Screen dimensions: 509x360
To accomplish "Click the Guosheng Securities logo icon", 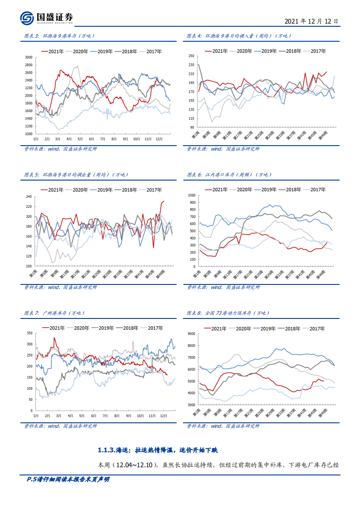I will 27,18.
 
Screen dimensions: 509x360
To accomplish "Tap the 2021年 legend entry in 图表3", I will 56,52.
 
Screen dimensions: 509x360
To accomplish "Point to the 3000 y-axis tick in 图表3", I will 29,58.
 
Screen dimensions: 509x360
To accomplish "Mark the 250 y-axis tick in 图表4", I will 191,57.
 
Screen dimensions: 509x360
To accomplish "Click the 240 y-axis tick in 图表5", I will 29,197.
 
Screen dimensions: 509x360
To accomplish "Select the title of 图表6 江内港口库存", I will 229,175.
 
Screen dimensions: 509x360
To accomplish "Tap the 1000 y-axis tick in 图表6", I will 191,196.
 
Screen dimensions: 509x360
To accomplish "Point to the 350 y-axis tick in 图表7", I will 29,333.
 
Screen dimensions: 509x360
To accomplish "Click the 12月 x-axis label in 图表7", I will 164,416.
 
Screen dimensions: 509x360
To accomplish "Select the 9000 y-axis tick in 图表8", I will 191,334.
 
